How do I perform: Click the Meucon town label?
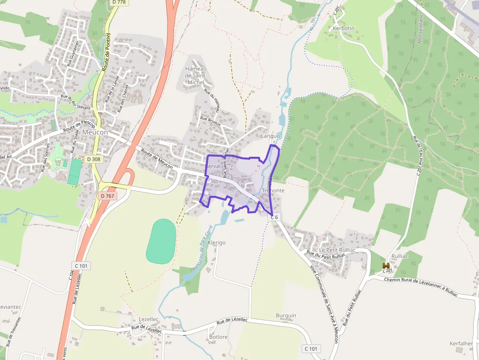coord(95,132)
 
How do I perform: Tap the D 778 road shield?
coord(118,2)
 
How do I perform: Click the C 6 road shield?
coord(274,217)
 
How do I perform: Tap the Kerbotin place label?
coord(343,28)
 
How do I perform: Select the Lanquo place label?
coord(271,136)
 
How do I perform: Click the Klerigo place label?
coord(217,242)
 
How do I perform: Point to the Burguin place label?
coord(286,316)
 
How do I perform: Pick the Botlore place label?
coord(218,337)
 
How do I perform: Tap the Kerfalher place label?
coord(461,344)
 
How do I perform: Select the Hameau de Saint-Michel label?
coord(196,76)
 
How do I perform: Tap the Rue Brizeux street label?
coord(211,121)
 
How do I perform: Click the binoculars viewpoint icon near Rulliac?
coord(386,266)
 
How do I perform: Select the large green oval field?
coord(161,241)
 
